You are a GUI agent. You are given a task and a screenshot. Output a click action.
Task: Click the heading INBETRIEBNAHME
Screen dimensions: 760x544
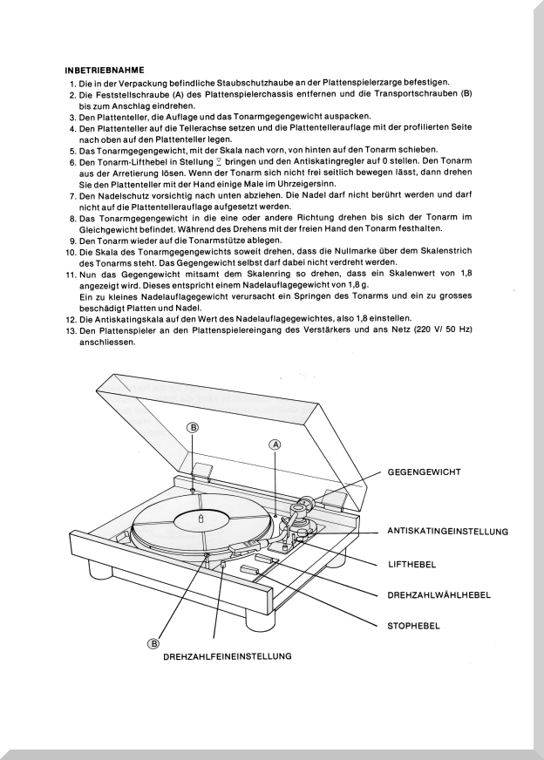click(x=105, y=69)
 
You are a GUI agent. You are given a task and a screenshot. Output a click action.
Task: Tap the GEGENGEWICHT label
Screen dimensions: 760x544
click(x=424, y=472)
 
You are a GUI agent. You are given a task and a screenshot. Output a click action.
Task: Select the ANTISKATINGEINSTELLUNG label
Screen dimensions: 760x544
click(x=446, y=531)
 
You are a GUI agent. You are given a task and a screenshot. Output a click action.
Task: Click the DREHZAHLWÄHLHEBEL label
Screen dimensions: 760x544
click(x=439, y=594)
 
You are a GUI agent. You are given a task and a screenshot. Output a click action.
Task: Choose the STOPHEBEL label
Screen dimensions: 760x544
click(x=412, y=625)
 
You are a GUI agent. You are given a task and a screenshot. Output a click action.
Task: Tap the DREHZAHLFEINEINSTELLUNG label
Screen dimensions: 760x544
click(x=227, y=656)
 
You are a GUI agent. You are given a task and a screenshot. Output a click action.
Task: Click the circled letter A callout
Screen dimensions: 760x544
click(x=275, y=444)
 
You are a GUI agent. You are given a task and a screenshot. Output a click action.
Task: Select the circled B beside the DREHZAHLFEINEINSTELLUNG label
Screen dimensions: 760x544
click(x=153, y=643)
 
